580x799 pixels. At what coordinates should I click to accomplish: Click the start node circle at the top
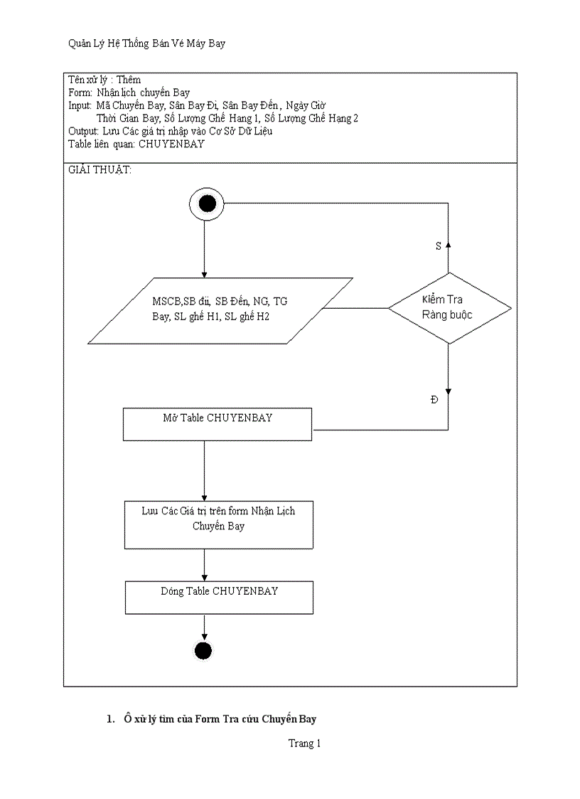tap(207, 204)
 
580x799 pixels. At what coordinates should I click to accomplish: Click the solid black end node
tap(203, 650)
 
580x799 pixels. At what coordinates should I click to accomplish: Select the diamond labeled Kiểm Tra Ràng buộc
tap(449, 308)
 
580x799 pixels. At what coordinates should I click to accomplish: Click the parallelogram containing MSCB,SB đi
tap(220, 310)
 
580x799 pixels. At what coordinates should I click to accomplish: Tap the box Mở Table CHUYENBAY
tap(217, 424)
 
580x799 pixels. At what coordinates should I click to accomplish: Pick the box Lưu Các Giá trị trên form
tap(218, 525)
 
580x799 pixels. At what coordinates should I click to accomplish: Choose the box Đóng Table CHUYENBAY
tap(219, 598)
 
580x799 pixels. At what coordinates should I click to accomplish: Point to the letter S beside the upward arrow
tap(438, 245)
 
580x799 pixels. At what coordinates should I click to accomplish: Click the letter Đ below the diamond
tap(434, 401)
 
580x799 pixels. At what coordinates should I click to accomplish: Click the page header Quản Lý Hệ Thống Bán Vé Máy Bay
tap(146, 44)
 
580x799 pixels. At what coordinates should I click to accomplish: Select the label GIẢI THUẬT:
tap(100, 171)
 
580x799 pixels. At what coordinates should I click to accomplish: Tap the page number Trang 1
tap(304, 744)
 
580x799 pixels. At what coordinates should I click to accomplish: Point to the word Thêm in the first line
tap(129, 80)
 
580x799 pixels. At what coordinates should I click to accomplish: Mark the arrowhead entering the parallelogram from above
tap(204, 273)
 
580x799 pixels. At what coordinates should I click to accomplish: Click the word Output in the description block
tap(82, 131)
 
